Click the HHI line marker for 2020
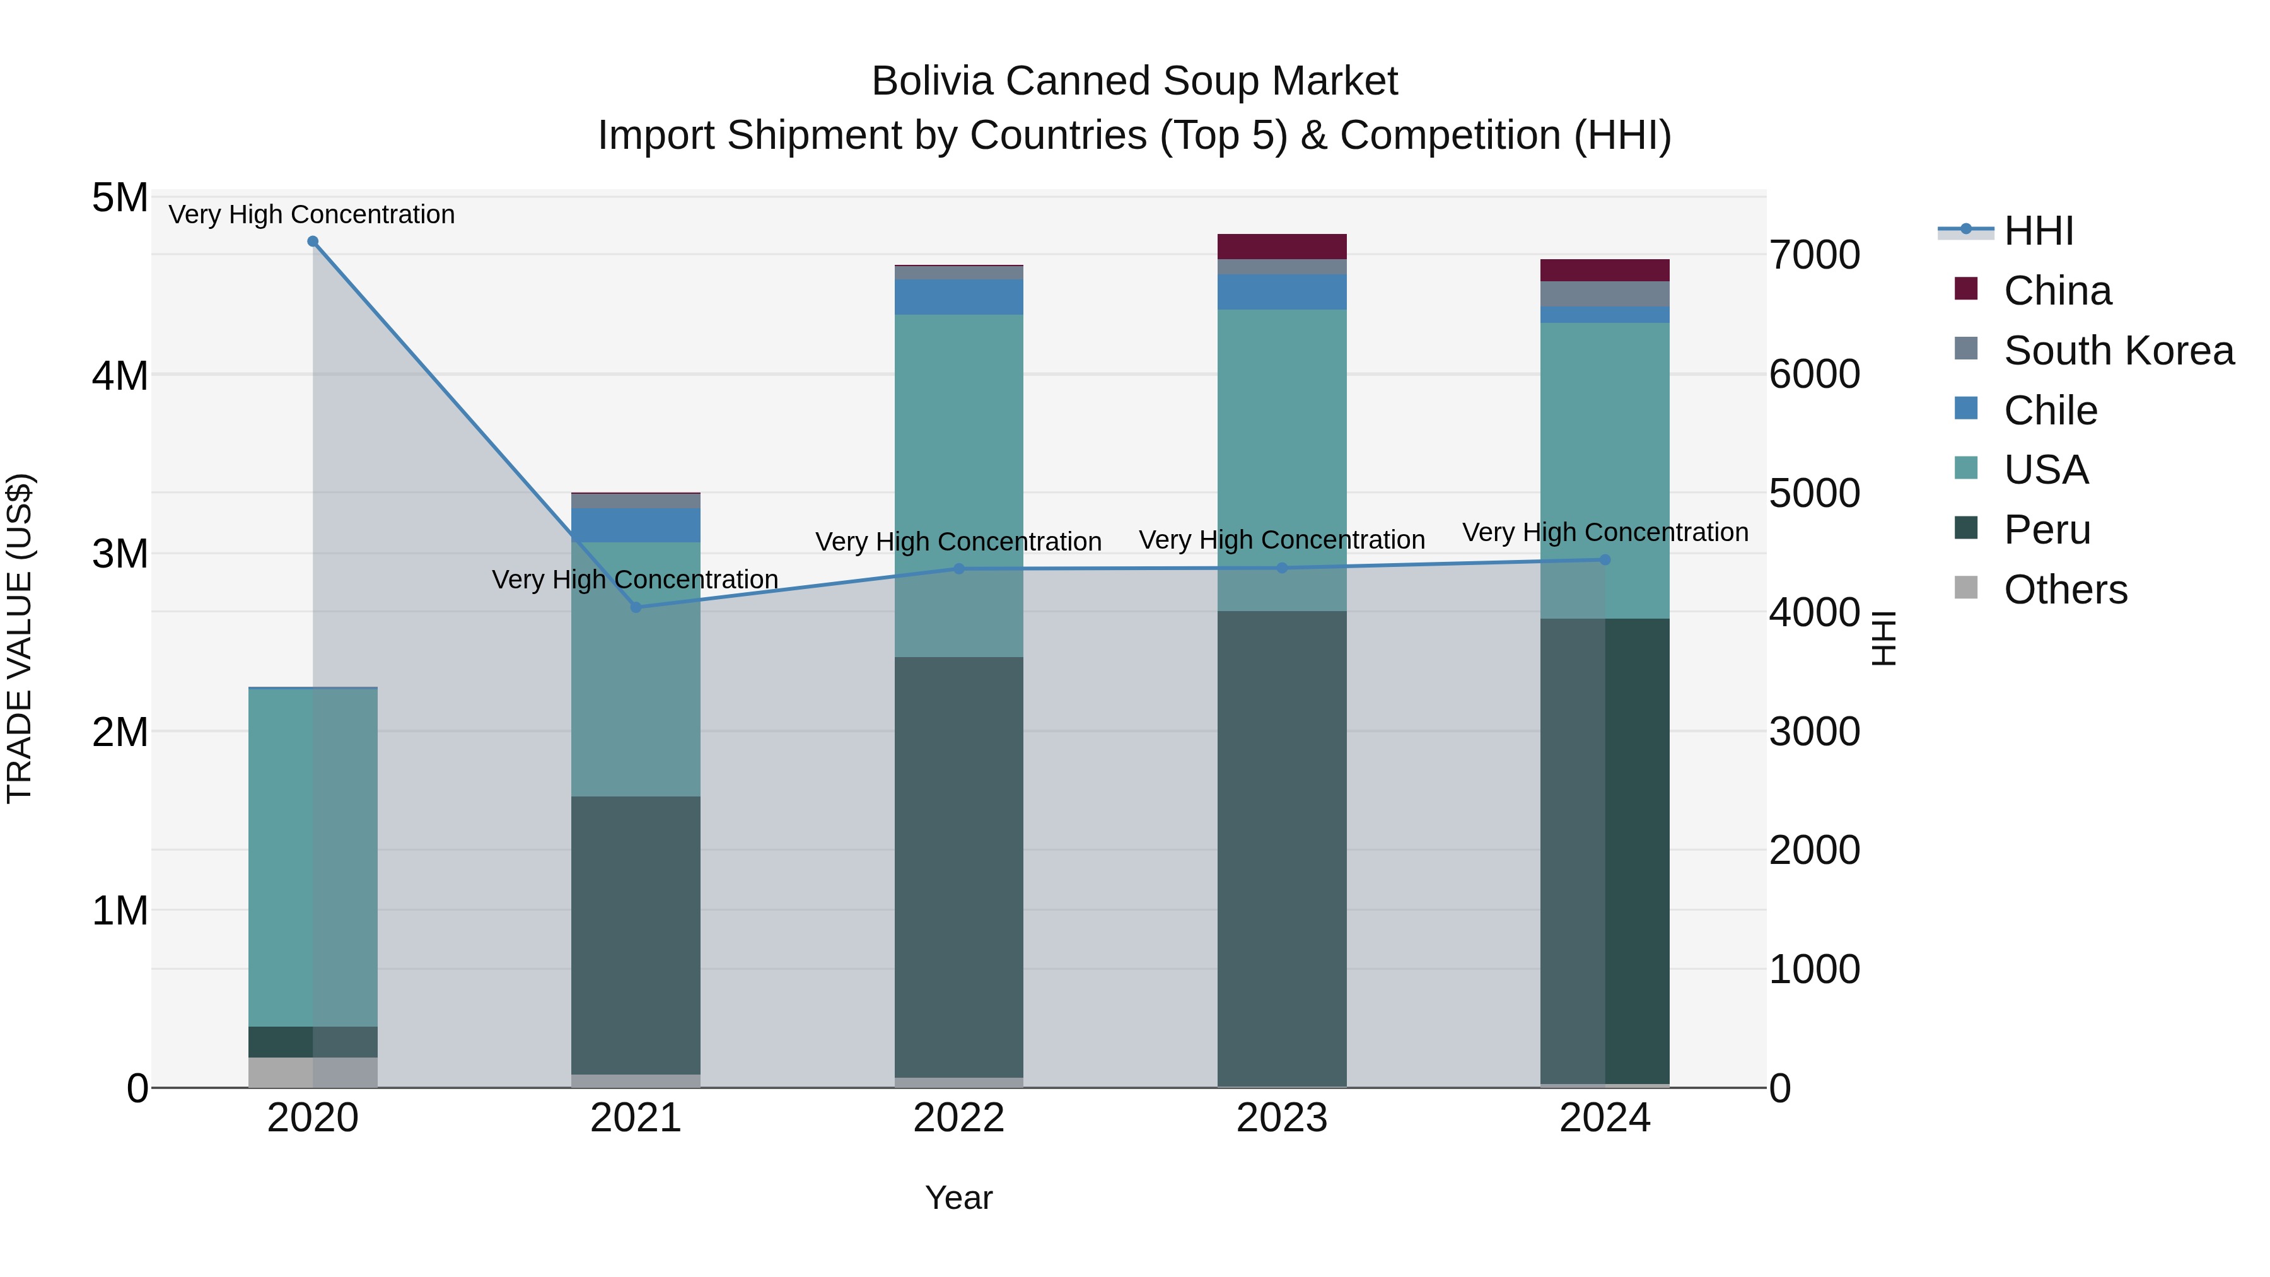pos(313,242)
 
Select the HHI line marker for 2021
pos(636,607)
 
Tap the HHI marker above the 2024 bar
pos(1605,559)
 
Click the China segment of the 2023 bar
pos(1282,247)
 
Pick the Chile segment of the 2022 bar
pos(958,297)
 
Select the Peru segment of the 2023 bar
pos(1282,846)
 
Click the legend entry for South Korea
pos(2119,351)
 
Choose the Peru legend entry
pos(2046,530)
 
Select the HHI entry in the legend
pos(2038,231)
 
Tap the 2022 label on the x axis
pos(958,1118)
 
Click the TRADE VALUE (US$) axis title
pos(20,638)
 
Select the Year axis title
pos(958,1198)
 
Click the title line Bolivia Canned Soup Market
pos(1134,81)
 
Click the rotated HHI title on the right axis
pos(1883,638)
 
